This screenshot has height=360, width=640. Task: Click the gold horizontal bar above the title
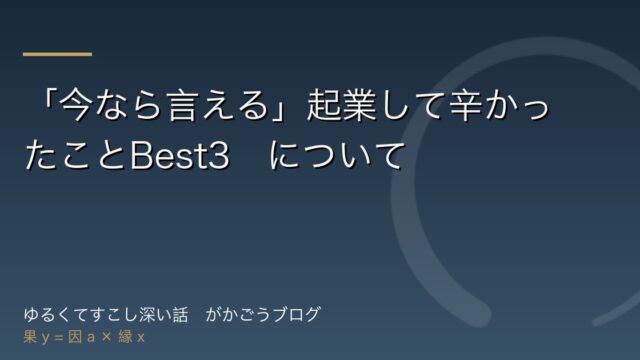(58, 54)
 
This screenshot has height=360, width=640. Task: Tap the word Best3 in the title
(180, 156)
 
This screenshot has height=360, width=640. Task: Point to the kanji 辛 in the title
(466, 106)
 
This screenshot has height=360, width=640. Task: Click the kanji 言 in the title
(182, 106)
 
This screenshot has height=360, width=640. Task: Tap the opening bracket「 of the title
(49, 102)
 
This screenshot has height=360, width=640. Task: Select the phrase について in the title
(336, 156)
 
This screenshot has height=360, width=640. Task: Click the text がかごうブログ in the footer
(263, 315)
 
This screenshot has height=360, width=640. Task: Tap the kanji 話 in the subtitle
(180, 315)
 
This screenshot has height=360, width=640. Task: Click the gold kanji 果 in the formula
(30, 337)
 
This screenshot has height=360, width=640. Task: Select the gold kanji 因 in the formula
(75, 337)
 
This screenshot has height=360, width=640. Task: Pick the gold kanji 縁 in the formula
(126, 337)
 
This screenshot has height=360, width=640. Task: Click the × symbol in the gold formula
(107, 337)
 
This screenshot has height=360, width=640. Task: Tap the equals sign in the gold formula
(59, 338)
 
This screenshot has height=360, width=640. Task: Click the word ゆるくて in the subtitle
(54, 315)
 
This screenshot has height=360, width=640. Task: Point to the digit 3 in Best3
(219, 156)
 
